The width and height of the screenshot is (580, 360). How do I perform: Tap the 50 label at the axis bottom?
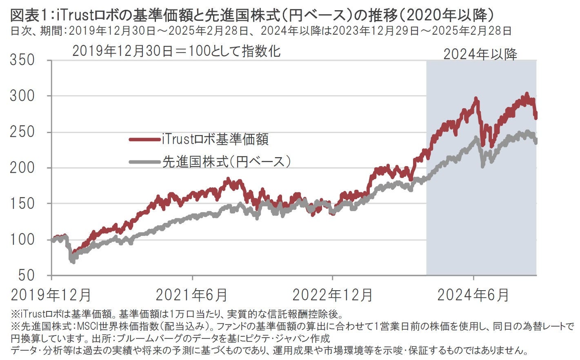(27, 275)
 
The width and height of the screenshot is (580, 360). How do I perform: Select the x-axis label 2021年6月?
(192, 295)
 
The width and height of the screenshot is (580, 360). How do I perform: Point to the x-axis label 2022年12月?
(333, 295)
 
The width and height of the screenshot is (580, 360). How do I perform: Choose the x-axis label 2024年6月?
(473, 295)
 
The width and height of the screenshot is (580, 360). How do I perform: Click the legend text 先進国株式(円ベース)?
(227, 162)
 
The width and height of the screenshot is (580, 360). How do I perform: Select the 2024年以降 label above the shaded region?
(480, 54)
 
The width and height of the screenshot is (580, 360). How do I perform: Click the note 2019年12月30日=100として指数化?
(176, 51)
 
